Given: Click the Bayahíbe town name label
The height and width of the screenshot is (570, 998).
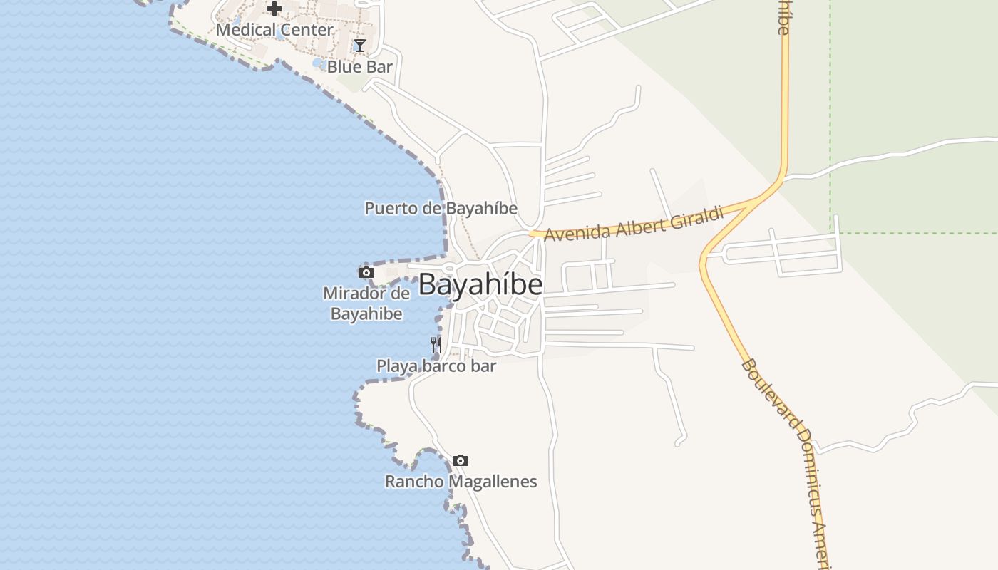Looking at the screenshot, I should coord(480,285).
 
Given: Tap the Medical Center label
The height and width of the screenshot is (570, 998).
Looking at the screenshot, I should coord(274,30).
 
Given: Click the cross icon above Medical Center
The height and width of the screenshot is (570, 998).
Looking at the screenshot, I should coord(274,9).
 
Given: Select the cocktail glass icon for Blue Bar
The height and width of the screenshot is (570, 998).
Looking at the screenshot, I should coord(360,46).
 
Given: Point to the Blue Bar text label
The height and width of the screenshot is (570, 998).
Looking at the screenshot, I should coord(360,67).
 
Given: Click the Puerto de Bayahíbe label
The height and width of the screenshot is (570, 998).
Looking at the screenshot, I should coord(441,208).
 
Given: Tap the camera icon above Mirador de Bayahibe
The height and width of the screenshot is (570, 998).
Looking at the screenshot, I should coord(366,272).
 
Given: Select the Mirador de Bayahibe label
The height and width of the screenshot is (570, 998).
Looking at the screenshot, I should coord(366,303).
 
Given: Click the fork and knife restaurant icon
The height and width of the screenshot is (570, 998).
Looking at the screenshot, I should coord(436,345).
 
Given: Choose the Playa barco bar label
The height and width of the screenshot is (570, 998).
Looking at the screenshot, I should coord(436,366).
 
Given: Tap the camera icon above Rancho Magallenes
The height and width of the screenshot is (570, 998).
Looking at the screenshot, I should coord(461,460).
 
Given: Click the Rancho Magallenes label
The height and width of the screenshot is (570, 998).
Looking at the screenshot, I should coord(461,482).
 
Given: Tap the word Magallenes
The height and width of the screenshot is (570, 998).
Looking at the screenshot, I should coord(492,482).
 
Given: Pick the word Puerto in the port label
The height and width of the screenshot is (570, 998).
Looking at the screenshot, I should coord(389,208).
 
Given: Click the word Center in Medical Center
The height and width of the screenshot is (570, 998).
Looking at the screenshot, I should coord(306,30).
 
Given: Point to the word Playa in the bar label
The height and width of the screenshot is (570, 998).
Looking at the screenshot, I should coord(394,366).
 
